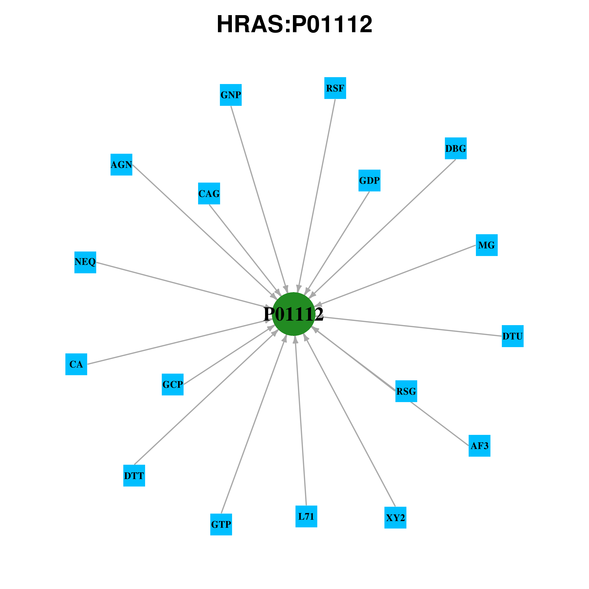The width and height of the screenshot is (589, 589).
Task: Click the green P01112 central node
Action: coord(293,314)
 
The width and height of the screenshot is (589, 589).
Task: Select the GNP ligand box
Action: coord(231,95)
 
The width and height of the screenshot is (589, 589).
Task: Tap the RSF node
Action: coord(335,88)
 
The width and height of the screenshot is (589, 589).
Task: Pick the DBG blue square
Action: coord(455,148)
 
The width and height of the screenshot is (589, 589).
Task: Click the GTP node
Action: coord(221,524)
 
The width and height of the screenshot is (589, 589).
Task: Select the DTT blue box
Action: coord(134,476)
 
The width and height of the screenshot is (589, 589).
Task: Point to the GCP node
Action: coord(173,384)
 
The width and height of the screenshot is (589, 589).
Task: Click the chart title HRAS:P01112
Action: coord(294,24)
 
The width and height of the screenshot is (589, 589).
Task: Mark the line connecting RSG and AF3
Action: coord(439,424)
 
